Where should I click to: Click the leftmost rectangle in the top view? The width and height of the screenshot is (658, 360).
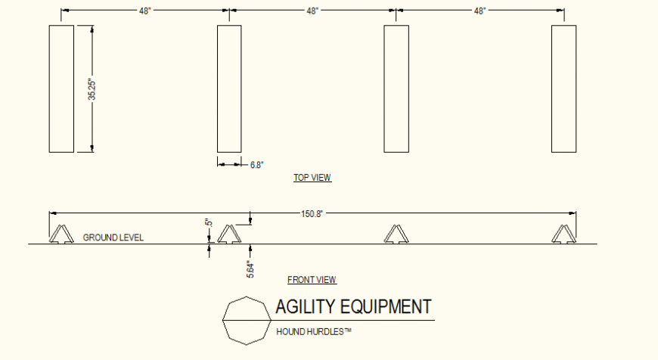[61, 88]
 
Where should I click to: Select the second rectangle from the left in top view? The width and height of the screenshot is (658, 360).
[229, 88]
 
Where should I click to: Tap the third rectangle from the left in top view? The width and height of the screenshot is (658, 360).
[396, 88]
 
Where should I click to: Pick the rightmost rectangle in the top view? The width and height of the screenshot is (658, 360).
[563, 88]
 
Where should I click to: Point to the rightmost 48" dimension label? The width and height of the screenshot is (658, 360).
[480, 11]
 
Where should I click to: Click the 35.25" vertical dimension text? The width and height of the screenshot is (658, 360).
[92, 89]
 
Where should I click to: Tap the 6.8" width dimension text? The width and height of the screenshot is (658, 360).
[257, 164]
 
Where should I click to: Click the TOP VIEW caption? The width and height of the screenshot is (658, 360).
[312, 178]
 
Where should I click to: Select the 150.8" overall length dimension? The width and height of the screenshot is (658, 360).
[312, 214]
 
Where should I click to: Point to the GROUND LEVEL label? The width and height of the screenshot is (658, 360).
[113, 237]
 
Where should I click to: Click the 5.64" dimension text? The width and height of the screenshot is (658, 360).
[250, 268]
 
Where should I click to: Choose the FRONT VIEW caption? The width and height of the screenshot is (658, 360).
[312, 280]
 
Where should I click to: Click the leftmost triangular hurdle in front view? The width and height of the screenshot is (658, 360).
[61, 234]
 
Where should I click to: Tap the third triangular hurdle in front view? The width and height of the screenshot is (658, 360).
[396, 234]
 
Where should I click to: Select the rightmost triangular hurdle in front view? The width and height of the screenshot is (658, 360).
[563, 234]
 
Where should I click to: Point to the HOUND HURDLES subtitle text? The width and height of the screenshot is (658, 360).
[314, 331]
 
